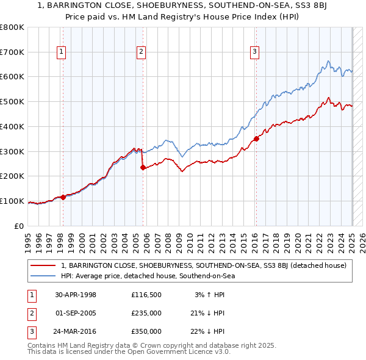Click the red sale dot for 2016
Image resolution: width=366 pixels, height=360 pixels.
(256, 139)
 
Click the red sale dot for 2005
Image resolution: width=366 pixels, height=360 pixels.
(143, 167)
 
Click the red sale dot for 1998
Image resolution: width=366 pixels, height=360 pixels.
(63, 197)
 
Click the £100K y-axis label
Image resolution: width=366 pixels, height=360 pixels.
(12, 201)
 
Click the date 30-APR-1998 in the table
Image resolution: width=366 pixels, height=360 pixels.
(76, 295)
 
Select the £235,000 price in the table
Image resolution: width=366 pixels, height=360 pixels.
(146, 314)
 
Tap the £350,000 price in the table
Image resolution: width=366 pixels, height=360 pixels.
(146, 332)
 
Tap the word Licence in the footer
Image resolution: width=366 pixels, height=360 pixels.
(187, 352)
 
